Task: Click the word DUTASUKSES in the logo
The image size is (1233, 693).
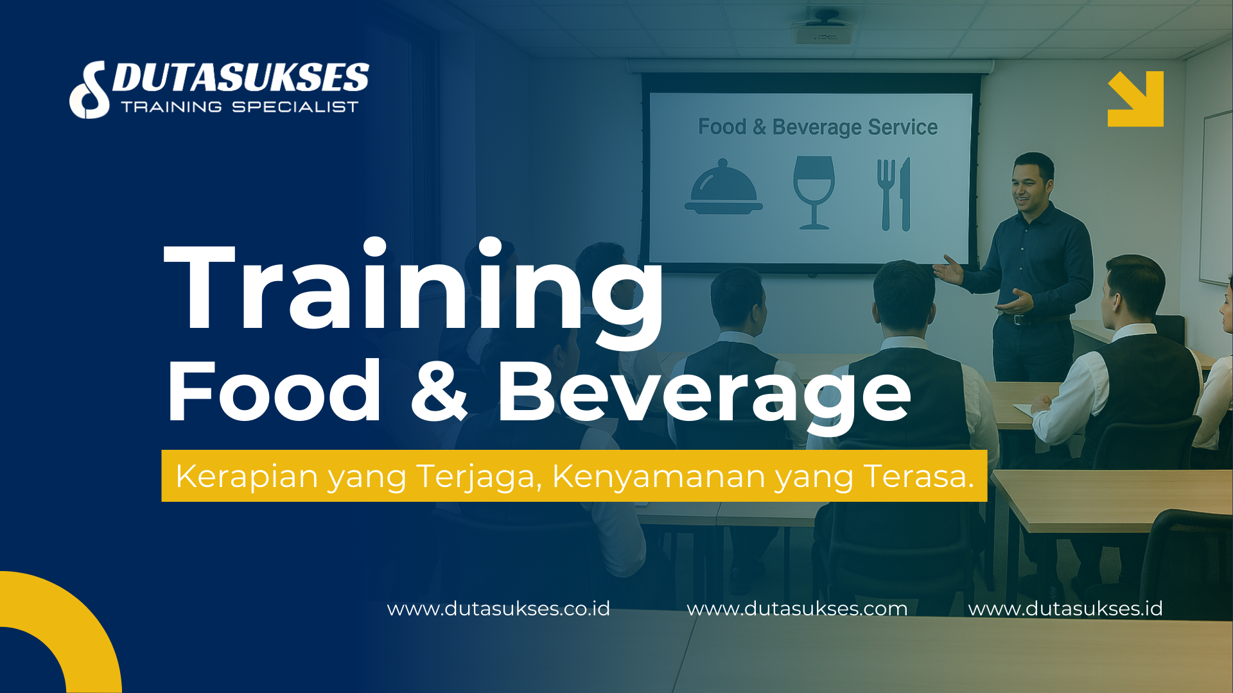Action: coord(240,77)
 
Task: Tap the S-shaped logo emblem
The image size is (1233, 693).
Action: coord(89,90)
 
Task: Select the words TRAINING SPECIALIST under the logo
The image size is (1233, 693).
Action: coord(240,107)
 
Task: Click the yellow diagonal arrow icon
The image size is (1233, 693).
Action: coord(1135,99)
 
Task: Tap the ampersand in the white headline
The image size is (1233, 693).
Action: coord(439,391)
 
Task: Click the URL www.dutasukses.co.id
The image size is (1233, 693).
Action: coord(498,608)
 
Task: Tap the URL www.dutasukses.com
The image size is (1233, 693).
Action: coord(797,608)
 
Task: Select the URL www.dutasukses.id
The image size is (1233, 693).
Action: coord(1065,608)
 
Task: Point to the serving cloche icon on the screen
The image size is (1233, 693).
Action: coord(724,187)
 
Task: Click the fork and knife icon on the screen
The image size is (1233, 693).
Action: coord(894,194)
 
